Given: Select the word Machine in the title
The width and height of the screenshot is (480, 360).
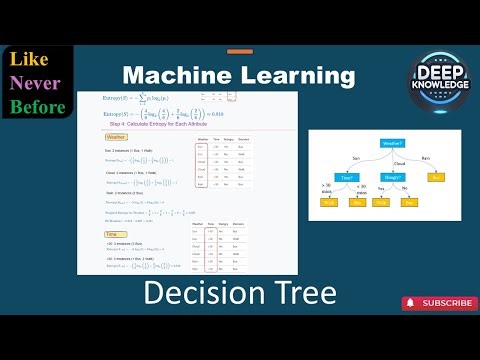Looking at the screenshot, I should click(x=176, y=75).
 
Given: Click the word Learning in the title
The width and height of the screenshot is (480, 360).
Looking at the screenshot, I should click(x=297, y=75).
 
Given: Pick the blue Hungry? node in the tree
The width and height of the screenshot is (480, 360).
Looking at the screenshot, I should click(x=392, y=177).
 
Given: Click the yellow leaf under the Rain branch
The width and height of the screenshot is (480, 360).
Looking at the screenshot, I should click(x=436, y=177).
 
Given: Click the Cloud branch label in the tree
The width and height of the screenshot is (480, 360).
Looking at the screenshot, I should click(x=397, y=160).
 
